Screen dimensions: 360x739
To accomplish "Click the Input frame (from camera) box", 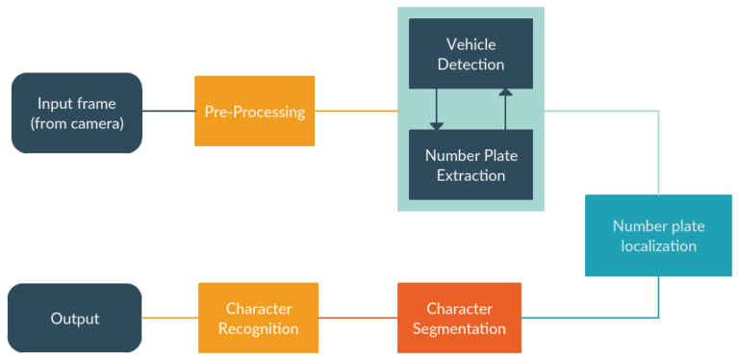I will [x=77, y=113].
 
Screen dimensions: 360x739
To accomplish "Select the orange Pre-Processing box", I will [x=255, y=112].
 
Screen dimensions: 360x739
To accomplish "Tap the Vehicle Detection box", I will [x=471, y=55].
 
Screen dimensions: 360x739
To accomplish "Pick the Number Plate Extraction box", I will [x=471, y=165].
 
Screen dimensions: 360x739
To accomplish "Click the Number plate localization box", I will [x=658, y=236].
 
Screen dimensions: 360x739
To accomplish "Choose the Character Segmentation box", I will [x=459, y=319].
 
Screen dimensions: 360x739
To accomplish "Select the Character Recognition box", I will [x=259, y=319].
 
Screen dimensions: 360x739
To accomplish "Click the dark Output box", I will [x=75, y=319].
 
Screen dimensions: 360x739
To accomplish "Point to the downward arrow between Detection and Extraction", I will [x=437, y=109].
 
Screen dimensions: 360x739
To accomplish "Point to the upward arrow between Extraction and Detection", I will [x=505, y=109].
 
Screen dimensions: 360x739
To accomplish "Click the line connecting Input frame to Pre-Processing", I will [x=168, y=112].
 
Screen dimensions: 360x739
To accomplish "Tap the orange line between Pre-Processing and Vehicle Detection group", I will [x=356, y=112].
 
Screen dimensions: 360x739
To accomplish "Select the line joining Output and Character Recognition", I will [x=170, y=319].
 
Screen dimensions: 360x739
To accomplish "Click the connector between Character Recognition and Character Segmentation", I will [x=357, y=319].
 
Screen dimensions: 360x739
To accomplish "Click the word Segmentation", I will [x=459, y=329].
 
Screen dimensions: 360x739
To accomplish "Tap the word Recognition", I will [x=259, y=329].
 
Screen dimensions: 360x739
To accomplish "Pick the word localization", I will [x=658, y=246].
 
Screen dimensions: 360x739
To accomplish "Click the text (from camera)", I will [x=77, y=122].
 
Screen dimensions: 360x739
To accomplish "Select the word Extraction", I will [x=471, y=175].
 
